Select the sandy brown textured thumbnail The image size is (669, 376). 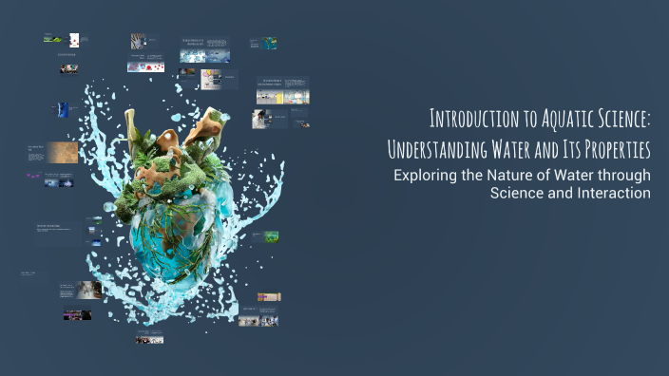pos(63,152)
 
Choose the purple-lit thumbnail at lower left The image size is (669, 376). pos(77,314)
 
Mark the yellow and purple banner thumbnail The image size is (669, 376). pos(269,297)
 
